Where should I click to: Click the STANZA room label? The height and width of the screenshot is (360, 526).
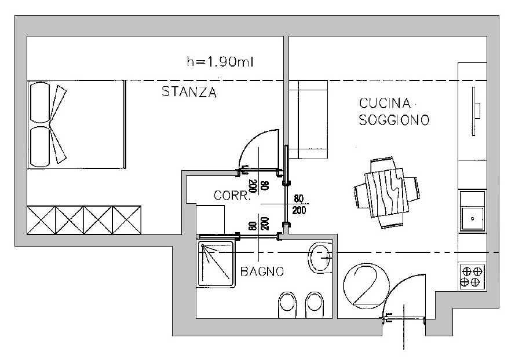click(x=189, y=93)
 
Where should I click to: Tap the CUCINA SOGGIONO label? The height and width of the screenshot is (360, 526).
click(x=393, y=112)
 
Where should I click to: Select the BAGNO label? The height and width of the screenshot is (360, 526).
click(x=262, y=271)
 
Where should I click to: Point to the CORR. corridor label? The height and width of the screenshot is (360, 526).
click(x=232, y=196)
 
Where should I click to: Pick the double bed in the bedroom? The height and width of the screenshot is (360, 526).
click(x=76, y=124)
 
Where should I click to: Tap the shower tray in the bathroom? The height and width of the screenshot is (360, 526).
click(x=217, y=265)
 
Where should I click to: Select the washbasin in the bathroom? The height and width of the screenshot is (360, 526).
click(x=320, y=258)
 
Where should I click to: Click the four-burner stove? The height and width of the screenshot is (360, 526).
click(x=472, y=277)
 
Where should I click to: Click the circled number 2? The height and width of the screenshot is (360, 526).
click(x=364, y=284)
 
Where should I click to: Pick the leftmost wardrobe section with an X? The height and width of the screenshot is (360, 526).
click(x=42, y=220)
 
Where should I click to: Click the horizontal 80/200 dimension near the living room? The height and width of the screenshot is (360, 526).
click(x=299, y=204)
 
